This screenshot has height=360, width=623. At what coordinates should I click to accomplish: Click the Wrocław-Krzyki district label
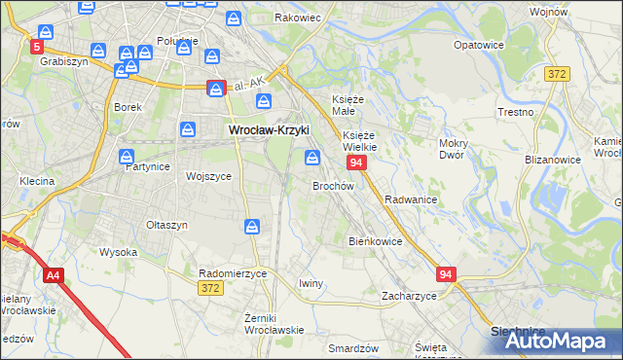[x=268, y=128]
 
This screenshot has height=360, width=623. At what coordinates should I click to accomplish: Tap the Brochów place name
[x=331, y=185]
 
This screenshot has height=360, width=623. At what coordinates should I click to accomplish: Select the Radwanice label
[x=410, y=198]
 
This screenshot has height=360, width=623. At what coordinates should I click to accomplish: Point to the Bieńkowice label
[x=376, y=240]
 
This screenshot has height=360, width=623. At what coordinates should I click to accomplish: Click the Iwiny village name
[x=311, y=283]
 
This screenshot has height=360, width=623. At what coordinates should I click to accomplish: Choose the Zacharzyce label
[x=409, y=295]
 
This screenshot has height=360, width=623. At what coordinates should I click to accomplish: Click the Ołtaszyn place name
[x=166, y=225]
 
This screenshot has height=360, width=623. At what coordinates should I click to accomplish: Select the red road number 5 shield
[x=37, y=46]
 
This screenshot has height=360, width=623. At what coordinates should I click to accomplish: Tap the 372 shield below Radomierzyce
[x=209, y=288]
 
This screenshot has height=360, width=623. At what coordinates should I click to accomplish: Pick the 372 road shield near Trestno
[x=557, y=75]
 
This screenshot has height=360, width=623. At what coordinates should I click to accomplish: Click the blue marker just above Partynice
[x=128, y=156]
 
